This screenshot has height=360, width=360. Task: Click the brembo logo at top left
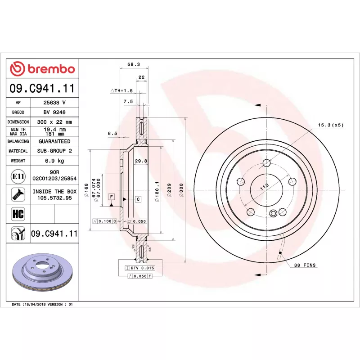(42, 69)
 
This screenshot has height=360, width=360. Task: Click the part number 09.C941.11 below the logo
(42, 88)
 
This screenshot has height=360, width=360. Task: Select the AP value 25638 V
(54, 103)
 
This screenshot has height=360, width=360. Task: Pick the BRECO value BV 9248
(54, 112)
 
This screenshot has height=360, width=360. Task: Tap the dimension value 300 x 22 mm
(54, 122)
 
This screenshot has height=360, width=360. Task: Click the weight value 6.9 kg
(54, 161)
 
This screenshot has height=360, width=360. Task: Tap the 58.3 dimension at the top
(133, 64)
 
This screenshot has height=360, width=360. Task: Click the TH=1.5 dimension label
(122, 90)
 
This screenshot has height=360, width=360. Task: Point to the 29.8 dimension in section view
(141, 161)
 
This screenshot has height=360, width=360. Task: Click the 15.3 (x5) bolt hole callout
(331, 125)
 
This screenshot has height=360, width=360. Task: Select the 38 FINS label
(307, 265)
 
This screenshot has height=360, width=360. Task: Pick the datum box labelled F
(111, 197)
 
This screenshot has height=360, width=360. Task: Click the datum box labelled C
(138, 199)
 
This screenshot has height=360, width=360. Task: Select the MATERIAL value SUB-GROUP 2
(54, 151)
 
